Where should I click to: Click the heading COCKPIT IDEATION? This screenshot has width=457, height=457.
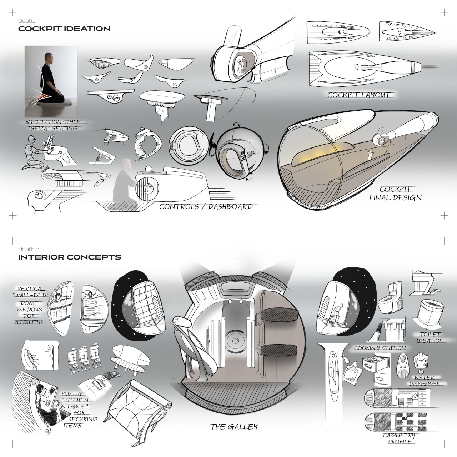tap(64, 29)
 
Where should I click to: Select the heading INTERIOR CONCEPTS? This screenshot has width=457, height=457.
tap(69, 257)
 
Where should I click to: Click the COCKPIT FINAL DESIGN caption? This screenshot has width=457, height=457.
tap(395, 193)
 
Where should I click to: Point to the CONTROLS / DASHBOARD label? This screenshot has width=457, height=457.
tap(206, 207)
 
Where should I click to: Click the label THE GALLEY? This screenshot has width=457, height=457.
tap(234, 427)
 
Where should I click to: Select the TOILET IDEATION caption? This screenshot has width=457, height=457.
tap(430, 337)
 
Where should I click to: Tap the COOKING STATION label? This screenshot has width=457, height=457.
tap(380, 348)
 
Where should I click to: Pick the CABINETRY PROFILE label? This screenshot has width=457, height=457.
tap(399, 438)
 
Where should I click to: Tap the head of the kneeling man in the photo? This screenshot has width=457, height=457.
tap(48, 57)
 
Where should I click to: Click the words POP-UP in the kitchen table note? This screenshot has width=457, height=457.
tap(72, 394)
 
